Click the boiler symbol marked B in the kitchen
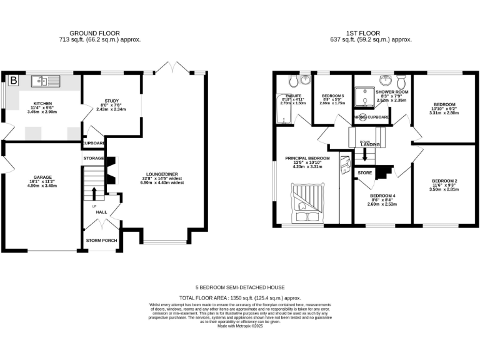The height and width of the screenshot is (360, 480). pos(13,80)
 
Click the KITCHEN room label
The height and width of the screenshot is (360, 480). pos(43,103)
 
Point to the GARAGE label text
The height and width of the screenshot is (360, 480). pos(42,177)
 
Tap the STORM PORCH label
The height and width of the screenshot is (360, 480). pos(101,240)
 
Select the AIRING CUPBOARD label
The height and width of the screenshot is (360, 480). pos(372,117)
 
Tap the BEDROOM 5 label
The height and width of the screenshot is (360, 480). pos(332,94)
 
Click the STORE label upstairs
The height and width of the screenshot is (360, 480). pos(365,172)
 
